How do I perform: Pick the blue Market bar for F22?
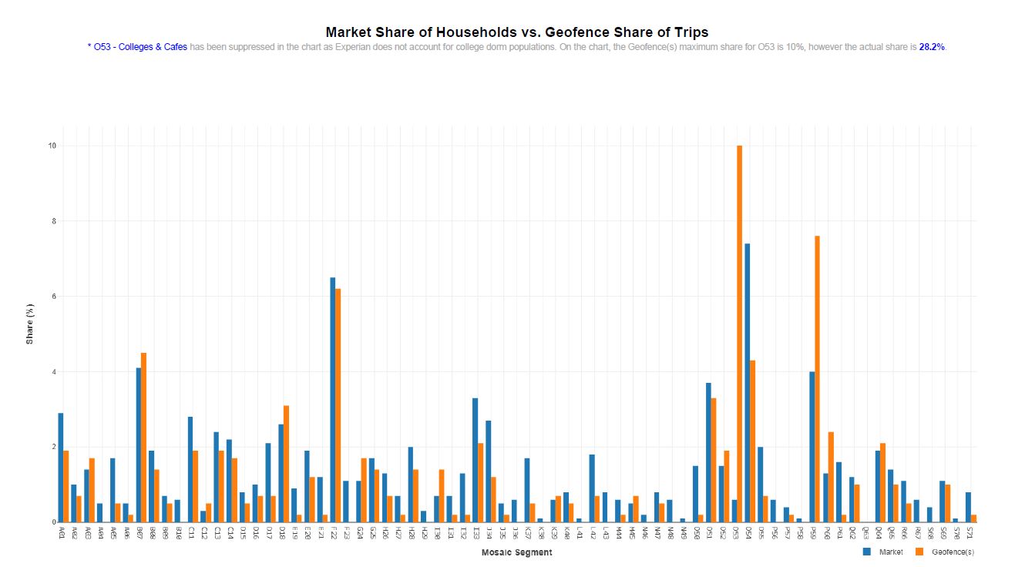point(332,400)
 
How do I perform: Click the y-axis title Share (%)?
point(30,323)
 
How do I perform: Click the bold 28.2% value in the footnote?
point(931,47)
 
